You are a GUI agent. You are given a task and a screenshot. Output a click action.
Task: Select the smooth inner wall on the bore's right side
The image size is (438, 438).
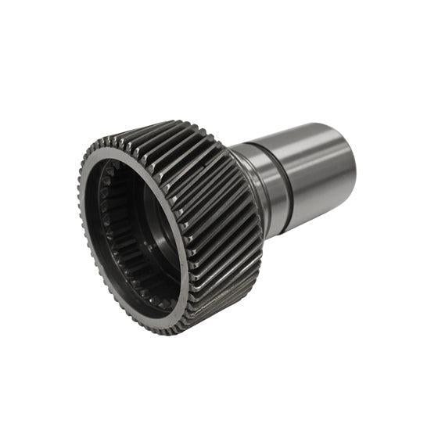tap(168, 235)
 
